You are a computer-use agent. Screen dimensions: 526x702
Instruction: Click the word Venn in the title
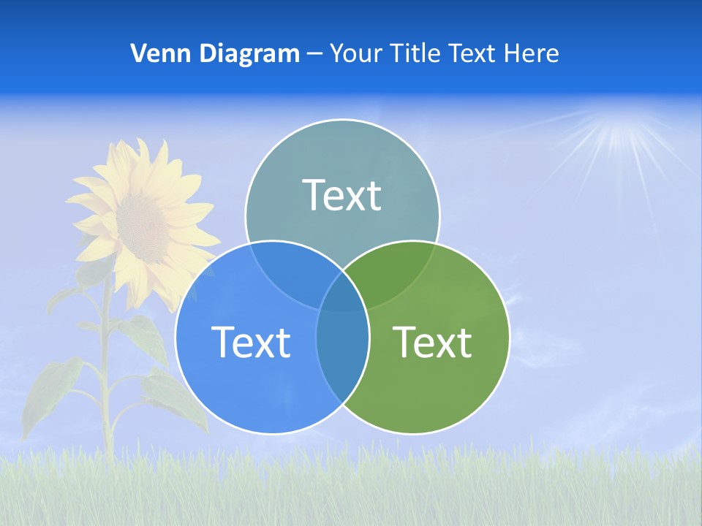(x=154, y=53)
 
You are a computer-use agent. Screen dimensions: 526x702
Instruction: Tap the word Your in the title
(x=356, y=53)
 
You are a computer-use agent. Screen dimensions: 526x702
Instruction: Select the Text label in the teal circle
(x=342, y=195)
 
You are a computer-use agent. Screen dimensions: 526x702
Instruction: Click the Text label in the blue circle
(x=251, y=342)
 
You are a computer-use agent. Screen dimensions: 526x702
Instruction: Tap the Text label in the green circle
(x=432, y=342)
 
